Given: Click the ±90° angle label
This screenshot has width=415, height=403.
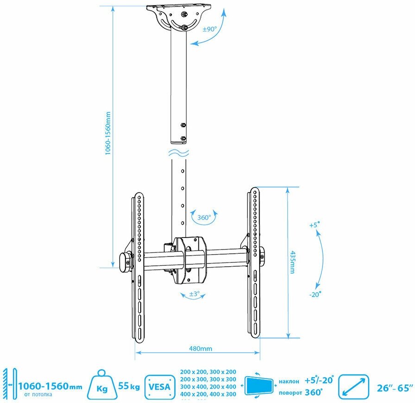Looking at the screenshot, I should tap(210, 29).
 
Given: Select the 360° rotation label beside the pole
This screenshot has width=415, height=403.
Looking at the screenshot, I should tap(204, 217).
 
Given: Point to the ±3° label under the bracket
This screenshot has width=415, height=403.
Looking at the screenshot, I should tap(194, 293).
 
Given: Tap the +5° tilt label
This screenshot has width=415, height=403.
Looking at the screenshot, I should tap(315, 226).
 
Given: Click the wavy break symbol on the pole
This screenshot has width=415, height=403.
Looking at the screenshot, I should tap(178, 152).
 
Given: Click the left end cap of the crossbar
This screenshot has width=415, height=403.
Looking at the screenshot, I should tap(125, 262).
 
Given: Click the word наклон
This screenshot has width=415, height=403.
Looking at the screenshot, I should tap(291, 381).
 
